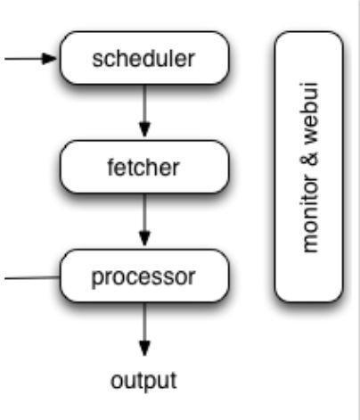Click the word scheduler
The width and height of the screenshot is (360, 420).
(143, 59)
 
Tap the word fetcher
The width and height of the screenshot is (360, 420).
(143, 168)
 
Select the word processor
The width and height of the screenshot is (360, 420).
(143, 277)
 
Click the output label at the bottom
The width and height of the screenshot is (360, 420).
(143, 381)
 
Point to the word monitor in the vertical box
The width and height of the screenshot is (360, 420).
(310, 213)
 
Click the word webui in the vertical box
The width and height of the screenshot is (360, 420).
(310, 113)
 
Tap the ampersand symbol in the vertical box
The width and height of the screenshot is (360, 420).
(310, 160)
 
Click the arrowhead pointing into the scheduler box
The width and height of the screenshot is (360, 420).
(49, 59)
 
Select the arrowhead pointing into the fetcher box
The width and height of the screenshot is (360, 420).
(144, 129)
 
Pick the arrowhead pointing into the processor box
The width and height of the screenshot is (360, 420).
(144, 239)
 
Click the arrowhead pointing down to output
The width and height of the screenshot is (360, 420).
(144, 349)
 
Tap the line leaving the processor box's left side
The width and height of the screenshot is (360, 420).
(32, 278)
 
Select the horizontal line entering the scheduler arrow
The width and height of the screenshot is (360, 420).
(23, 59)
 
